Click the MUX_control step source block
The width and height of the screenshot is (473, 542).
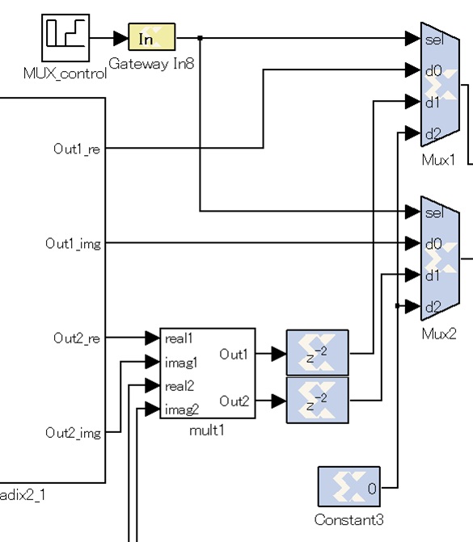[65, 38]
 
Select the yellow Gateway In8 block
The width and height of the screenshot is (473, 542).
[151, 36]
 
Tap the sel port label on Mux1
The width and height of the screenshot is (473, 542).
[434, 40]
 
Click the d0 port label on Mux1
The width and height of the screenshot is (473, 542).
[433, 71]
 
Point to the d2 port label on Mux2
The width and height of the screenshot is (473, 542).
[433, 307]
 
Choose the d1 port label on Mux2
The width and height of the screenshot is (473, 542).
[433, 275]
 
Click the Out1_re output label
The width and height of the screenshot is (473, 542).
[77, 149]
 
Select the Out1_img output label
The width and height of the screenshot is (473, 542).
[73, 244]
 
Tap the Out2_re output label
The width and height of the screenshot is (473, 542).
[77, 338]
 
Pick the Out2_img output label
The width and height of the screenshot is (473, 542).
[73, 433]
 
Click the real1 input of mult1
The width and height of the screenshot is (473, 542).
[179, 338]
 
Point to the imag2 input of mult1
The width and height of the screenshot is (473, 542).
[182, 410]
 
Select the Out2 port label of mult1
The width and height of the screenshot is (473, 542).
[234, 401]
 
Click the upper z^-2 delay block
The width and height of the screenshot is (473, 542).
[317, 352]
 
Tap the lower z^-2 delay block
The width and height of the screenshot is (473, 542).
[317, 401]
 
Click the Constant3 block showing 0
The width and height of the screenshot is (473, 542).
[349, 487]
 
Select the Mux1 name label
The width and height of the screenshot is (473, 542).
[438, 160]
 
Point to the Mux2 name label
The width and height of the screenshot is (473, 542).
[439, 334]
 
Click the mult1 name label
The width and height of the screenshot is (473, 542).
[207, 431]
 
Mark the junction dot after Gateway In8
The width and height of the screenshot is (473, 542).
[200, 38]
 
